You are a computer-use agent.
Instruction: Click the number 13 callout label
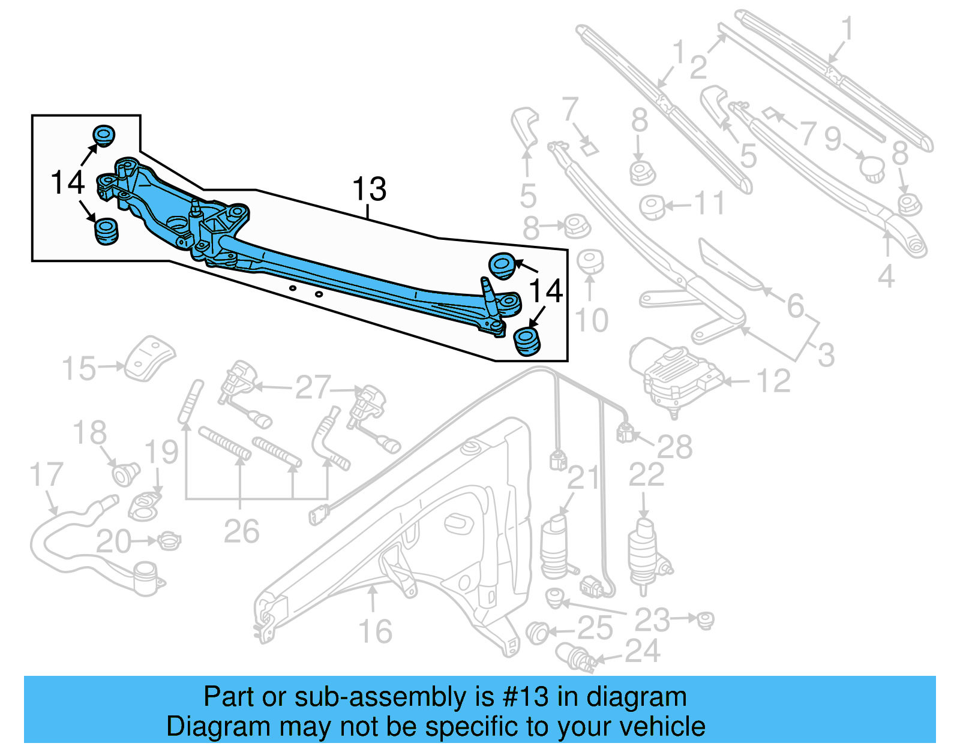(369, 189)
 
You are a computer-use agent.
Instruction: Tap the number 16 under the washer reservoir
(375, 631)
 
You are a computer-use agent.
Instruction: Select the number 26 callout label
(241, 531)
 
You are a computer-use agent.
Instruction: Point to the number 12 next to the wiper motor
(773, 381)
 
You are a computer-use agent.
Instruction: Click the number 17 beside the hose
(46, 475)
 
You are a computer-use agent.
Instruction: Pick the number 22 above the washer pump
(646, 475)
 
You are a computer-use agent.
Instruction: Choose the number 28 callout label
(674, 447)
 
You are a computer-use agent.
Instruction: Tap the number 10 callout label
(592, 320)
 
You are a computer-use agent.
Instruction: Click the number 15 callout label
(79, 368)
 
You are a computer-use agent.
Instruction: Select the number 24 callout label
(643, 651)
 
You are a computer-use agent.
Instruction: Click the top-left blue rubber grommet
(104, 136)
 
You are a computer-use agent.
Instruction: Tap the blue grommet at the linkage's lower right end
(527, 341)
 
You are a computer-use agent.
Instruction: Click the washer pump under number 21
(555, 546)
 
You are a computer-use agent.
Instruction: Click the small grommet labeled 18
(125, 474)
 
